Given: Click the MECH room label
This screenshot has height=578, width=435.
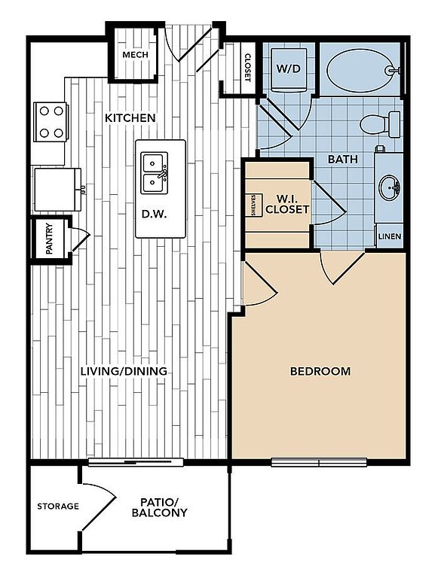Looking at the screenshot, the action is click(135, 55).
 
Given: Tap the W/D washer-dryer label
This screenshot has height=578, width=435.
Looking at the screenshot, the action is click(289, 68).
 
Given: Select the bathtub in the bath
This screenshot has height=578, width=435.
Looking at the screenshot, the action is click(363, 70).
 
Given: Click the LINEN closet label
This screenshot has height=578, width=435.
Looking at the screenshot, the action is click(390, 236).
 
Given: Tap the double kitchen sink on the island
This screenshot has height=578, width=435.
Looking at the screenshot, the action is click(155, 173).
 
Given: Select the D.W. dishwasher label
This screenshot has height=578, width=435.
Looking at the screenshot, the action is click(155, 214).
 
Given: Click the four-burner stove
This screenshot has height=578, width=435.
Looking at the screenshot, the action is click(51, 122).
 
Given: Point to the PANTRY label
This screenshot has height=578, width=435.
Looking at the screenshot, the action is click(49, 239).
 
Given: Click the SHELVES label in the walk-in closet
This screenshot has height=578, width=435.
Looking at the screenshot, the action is click(254, 205).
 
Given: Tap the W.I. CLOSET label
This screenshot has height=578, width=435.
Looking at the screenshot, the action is click(287, 204).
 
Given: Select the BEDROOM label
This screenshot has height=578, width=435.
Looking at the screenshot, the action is click(320, 371).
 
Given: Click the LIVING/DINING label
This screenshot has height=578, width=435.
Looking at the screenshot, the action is click(124, 371).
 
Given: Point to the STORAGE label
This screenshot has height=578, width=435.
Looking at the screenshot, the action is click(58, 507).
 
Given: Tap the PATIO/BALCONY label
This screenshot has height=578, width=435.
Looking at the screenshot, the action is click(160, 507).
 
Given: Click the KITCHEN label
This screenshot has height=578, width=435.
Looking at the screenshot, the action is click(130, 118).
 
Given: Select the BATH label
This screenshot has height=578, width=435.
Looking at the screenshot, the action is click(343, 160).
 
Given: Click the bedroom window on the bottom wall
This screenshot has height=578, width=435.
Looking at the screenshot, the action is click(319, 462).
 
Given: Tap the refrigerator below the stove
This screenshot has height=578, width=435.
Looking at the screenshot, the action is click(58, 190).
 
